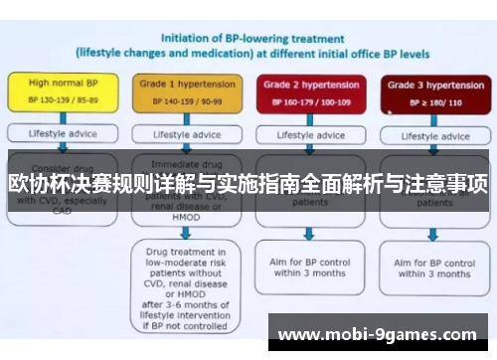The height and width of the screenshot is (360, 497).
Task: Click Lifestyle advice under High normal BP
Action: [x=61, y=133]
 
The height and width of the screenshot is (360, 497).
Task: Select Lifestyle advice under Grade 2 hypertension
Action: [x=307, y=133]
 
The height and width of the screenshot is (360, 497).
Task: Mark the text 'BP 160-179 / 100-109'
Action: [x=307, y=102]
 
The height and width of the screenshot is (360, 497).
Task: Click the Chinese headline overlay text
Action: [x=248, y=185]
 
